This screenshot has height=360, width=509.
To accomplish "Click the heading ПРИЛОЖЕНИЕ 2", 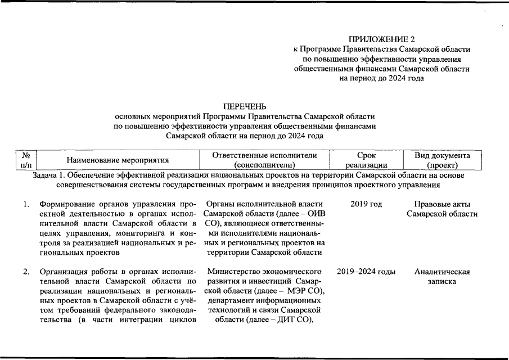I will (382, 39).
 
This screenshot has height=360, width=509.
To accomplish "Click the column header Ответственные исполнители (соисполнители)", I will (264, 160).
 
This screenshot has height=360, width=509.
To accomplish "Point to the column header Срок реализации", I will (366, 160).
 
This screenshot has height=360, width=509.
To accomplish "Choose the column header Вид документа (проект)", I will (442, 160).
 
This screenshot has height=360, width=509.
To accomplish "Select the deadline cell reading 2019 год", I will (366, 204).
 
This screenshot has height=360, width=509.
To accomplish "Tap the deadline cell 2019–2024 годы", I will (366, 272).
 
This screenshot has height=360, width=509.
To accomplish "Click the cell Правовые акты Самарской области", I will (442, 209).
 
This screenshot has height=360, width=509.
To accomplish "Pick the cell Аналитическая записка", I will (442, 277).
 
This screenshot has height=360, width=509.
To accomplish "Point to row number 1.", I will (26, 204).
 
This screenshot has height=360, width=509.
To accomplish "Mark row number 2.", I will (26, 272).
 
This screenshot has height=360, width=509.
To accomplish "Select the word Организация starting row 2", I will (62, 272).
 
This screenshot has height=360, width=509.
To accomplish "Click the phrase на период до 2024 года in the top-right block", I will (382, 78).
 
